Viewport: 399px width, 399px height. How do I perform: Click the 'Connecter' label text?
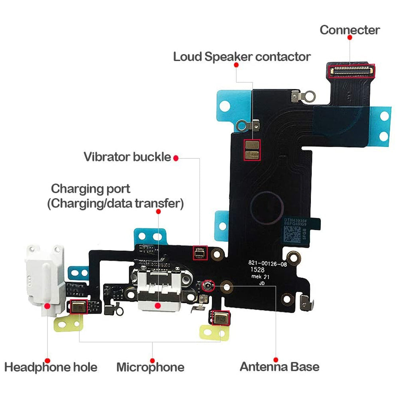pyautogui.click(x=350, y=30)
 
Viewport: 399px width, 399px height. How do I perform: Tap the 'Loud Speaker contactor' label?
pyautogui.click(x=241, y=57)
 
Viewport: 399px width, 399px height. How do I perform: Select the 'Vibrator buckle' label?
pyautogui.click(x=127, y=157)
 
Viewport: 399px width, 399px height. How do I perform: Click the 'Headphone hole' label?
pyautogui.click(x=51, y=367)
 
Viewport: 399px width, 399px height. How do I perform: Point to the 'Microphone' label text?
pyautogui.click(x=150, y=367)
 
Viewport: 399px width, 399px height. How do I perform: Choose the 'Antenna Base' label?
pyautogui.click(x=279, y=367)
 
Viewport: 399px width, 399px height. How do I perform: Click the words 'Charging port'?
pyautogui.click(x=91, y=188)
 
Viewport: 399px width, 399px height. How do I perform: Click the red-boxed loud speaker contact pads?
pyautogui.click(x=252, y=150)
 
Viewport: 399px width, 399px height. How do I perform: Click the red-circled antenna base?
pyautogui.click(x=207, y=285)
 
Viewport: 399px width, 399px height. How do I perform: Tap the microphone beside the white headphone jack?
pyautogui.click(x=77, y=306)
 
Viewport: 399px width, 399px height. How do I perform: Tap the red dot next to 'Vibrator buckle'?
pyautogui.click(x=176, y=158)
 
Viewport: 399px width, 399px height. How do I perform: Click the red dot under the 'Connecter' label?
pyautogui.click(x=350, y=37)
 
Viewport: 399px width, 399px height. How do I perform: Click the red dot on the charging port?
pyautogui.click(x=158, y=305)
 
